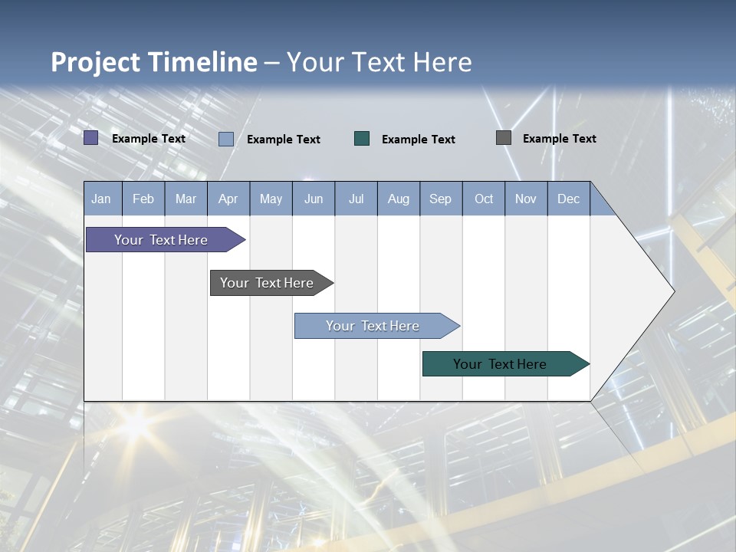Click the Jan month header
point(102,199)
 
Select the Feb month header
point(143,199)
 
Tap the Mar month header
point(186,199)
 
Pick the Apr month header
point(228,199)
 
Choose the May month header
point(271,199)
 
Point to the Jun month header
point(314,199)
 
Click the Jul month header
point(356,199)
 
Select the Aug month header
point(399,199)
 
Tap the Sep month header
point(441,199)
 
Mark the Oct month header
point(484,199)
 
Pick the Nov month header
point(526,199)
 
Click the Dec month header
point(569,199)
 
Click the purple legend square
point(90,138)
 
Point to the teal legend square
point(362,138)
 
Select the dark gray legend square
point(504,138)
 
